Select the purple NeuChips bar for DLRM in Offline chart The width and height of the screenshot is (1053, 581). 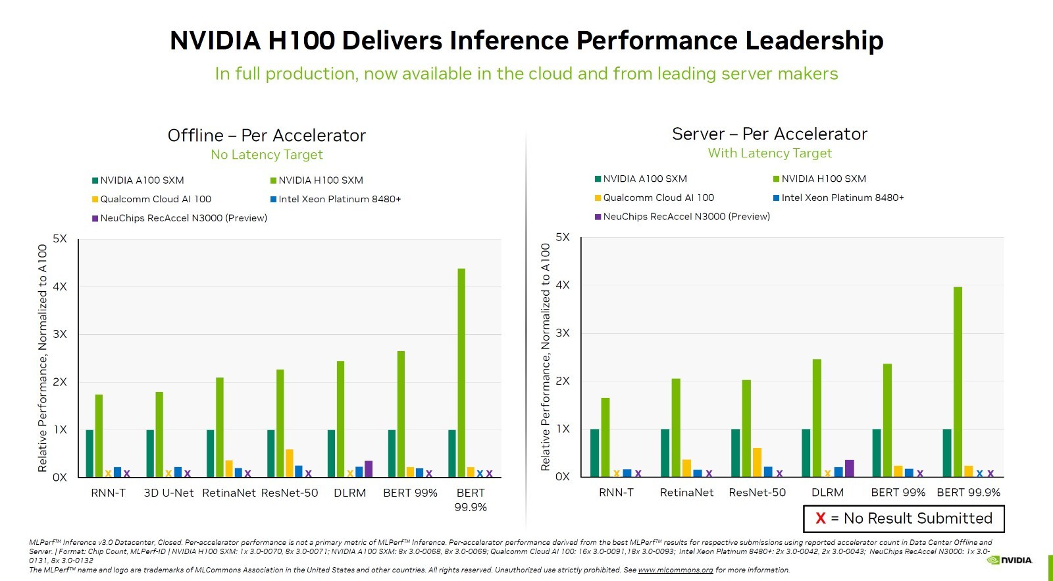point(369,468)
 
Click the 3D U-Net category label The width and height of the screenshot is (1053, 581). point(168,493)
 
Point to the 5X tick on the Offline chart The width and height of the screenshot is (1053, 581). point(60,238)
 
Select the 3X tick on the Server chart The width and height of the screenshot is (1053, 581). point(563,333)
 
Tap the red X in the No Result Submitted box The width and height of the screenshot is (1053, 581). point(821,518)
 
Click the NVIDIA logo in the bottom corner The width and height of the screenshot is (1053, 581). point(1010,560)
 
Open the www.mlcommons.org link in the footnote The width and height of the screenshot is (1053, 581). point(675,570)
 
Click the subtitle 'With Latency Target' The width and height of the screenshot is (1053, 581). point(769,153)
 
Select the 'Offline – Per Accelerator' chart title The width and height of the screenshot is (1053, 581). point(267,136)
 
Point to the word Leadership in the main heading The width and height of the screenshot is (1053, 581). point(814,40)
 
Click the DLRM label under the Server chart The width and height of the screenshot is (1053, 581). point(827,493)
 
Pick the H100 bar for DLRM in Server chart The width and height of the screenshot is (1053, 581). point(817,418)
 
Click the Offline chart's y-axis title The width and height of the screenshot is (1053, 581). point(43,358)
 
